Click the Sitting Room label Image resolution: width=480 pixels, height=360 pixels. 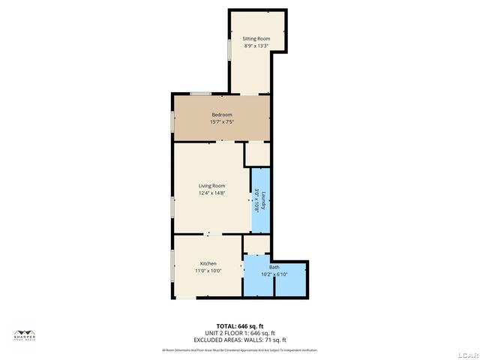pyautogui.click(x=256, y=38)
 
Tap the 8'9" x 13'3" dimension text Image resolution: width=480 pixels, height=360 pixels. pyautogui.click(x=256, y=46)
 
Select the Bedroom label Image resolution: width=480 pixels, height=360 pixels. pyautogui.click(x=221, y=115)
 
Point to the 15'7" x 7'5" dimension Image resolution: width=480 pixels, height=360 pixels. pyautogui.click(x=221, y=121)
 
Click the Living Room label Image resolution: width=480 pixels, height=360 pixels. pyautogui.click(x=211, y=186)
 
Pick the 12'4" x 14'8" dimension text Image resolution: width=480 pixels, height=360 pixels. pyautogui.click(x=211, y=193)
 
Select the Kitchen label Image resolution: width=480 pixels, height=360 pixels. pyautogui.click(x=208, y=263)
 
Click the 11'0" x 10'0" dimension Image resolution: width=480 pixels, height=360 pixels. pyautogui.click(x=208, y=271)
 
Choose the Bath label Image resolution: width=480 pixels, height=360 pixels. pyautogui.click(x=274, y=267)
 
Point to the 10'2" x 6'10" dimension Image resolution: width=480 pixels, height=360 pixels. pyautogui.click(x=274, y=274)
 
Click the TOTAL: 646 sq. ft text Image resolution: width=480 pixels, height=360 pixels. pyautogui.click(x=239, y=326)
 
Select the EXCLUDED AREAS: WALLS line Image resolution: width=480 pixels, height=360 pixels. pyautogui.click(x=239, y=340)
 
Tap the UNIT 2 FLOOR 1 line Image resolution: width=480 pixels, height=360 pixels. pyautogui.click(x=239, y=333)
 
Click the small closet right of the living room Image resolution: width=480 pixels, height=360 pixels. pyautogui.click(x=258, y=154)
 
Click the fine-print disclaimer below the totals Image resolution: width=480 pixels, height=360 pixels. pyautogui.click(x=239, y=350)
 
